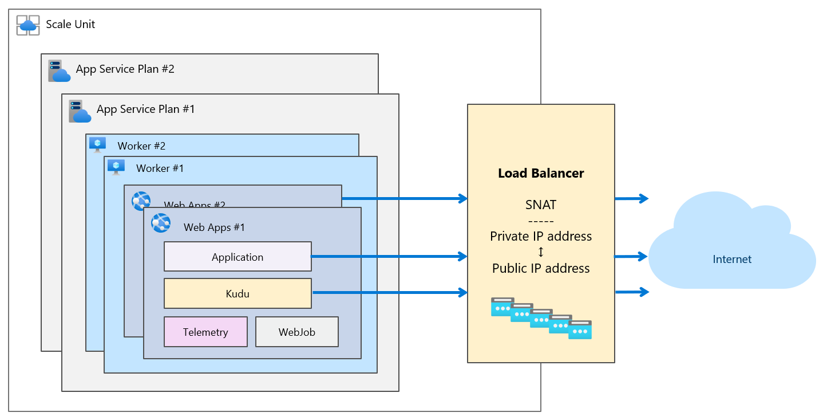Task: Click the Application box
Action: tap(238, 257)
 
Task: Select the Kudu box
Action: tap(238, 293)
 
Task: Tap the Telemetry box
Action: tap(205, 332)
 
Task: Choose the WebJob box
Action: tap(296, 332)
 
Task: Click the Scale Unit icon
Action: tap(28, 25)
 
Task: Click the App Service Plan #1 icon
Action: tap(80, 111)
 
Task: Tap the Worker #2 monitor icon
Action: tap(97, 145)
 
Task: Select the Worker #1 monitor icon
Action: tap(116, 167)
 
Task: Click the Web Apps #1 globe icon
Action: tap(161, 222)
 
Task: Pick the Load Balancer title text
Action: tap(541, 173)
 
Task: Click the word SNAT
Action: tap(541, 205)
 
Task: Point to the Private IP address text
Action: tap(541, 236)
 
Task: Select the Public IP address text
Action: tap(541, 268)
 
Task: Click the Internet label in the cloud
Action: tap(732, 259)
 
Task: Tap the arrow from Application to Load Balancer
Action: tap(389, 257)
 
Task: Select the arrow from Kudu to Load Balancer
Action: tap(389, 293)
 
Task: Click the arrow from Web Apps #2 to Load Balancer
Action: tap(404, 199)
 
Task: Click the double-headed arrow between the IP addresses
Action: tap(541, 252)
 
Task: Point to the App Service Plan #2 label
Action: tap(125, 69)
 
